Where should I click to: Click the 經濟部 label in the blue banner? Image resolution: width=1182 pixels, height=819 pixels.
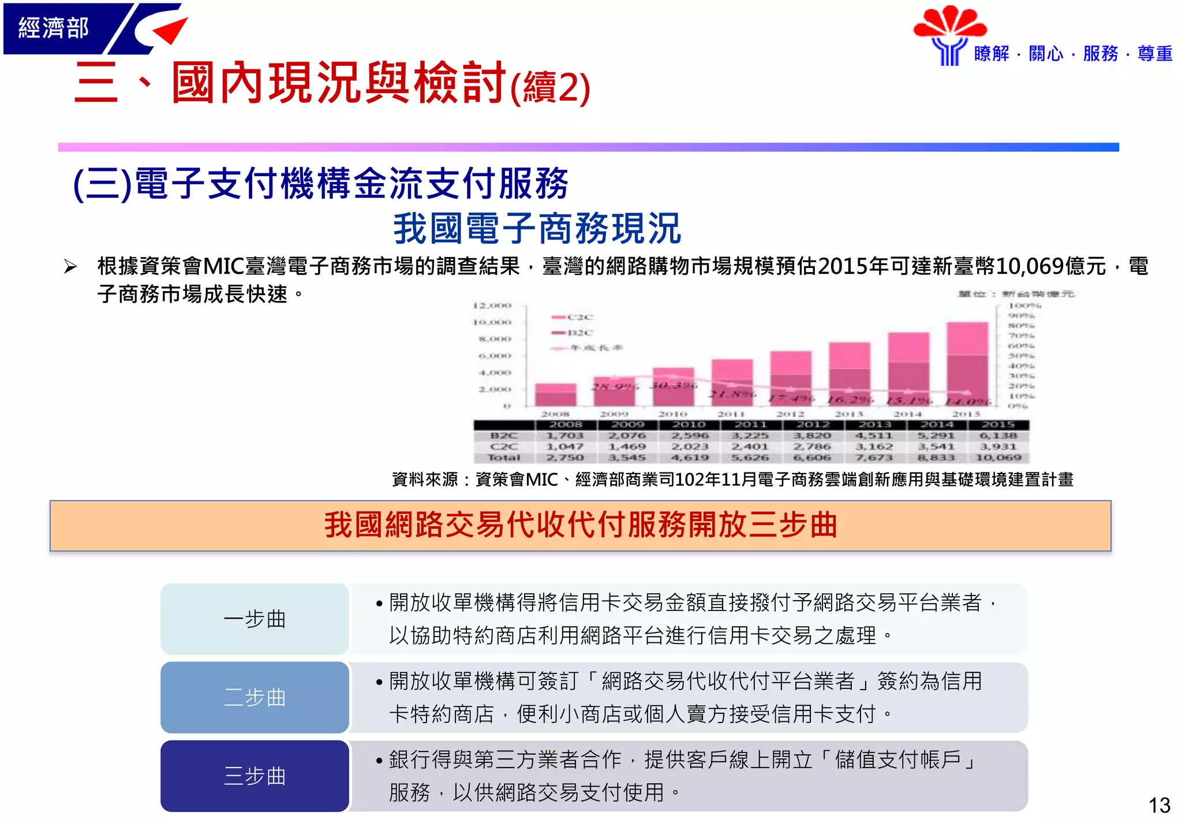[x=53, y=28]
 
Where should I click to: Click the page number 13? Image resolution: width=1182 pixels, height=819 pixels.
[x=1159, y=805]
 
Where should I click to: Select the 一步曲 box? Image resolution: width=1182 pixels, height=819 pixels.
[x=255, y=619]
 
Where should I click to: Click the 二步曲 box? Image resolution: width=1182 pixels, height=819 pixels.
[x=255, y=698]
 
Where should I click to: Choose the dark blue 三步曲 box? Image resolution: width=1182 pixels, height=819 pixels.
[x=255, y=776]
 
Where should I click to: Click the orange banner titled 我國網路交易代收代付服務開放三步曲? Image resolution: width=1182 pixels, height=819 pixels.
[x=580, y=526]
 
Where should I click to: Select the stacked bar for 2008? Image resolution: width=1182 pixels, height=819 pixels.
[x=555, y=395]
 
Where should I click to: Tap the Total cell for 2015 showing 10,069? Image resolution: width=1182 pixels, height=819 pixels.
[x=998, y=457]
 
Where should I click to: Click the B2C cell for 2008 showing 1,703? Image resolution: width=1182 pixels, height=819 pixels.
[x=565, y=435]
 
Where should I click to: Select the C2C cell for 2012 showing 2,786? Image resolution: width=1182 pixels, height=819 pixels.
[x=811, y=446]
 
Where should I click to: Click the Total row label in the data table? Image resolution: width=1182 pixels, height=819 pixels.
[x=504, y=457]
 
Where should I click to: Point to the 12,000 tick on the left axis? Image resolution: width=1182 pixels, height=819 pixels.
[x=492, y=306]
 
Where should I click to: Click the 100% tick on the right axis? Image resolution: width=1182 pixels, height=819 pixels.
[x=1024, y=305]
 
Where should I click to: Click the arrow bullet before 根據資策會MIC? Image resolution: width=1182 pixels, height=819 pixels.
[x=70, y=267]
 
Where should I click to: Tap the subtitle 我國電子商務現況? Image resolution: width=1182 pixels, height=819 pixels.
[x=537, y=229]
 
